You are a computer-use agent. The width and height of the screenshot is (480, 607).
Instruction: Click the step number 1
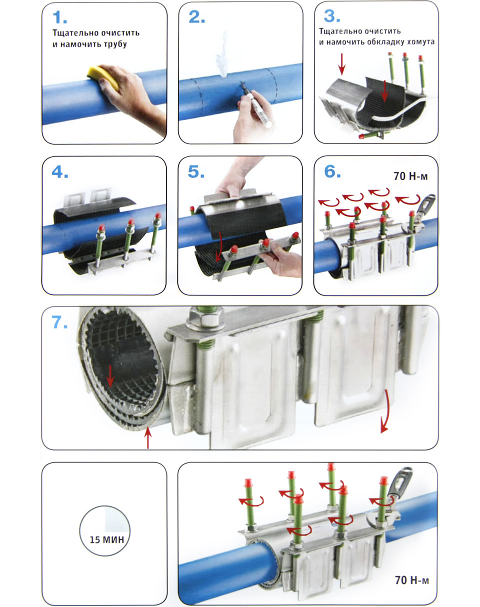[59, 18]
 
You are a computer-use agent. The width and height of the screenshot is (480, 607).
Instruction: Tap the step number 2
[196, 17]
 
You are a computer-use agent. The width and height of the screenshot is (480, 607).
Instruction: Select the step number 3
[332, 16]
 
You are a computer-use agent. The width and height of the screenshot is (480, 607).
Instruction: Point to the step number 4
[60, 172]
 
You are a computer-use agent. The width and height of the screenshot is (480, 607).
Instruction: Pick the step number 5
[196, 171]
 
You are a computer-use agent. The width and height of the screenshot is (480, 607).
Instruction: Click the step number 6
[332, 171]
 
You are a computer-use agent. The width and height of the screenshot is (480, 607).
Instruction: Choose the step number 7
[59, 322]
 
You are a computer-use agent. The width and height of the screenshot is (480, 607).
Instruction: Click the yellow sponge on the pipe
[103, 77]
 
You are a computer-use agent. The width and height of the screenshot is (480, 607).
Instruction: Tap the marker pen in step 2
[256, 105]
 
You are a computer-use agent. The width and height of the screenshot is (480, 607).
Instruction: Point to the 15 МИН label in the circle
[106, 539]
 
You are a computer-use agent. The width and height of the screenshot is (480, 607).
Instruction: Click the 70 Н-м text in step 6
[410, 176]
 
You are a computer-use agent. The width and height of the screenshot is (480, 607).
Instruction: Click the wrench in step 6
[420, 213]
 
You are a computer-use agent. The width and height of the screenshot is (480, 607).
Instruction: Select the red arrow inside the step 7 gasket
[110, 376]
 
